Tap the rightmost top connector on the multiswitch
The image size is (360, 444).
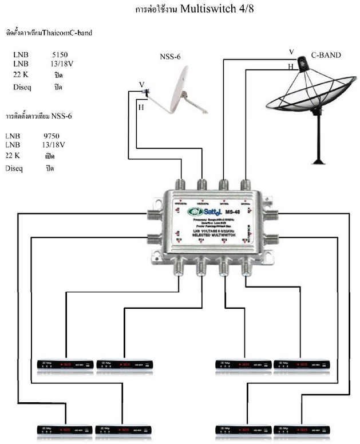[246, 185]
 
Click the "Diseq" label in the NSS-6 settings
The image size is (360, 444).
[14, 168]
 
